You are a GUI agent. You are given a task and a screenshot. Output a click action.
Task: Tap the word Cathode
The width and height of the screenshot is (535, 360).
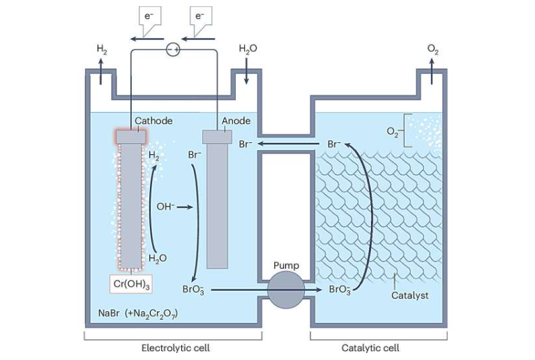click(x=153, y=121)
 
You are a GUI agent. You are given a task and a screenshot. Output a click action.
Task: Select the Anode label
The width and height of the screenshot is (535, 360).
click(x=236, y=121)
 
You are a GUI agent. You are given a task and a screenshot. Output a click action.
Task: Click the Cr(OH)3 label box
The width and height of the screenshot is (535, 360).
click(x=131, y=284)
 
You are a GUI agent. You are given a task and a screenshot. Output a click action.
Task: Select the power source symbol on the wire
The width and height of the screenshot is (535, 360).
click(x=172, y=49)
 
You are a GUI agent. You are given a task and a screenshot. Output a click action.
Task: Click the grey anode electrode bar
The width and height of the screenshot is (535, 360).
click(x=217, y=202)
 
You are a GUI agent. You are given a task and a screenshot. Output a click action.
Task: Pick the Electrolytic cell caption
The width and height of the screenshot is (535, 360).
click(x=175, y=347)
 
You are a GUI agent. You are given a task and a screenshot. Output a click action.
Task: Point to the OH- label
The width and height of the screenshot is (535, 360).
click(x=166, y=207)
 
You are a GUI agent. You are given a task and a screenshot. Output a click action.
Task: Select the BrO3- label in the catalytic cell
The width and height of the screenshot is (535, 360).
click(x=340, y=289)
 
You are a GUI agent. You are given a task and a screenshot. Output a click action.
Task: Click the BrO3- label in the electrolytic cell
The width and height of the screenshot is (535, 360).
click(x=193, y=289)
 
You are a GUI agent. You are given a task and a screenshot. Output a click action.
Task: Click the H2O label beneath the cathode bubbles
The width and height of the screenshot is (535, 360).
click(x=158, y=258)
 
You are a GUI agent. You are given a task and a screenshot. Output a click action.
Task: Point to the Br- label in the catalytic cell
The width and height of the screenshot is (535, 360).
click(x=336, y=144)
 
